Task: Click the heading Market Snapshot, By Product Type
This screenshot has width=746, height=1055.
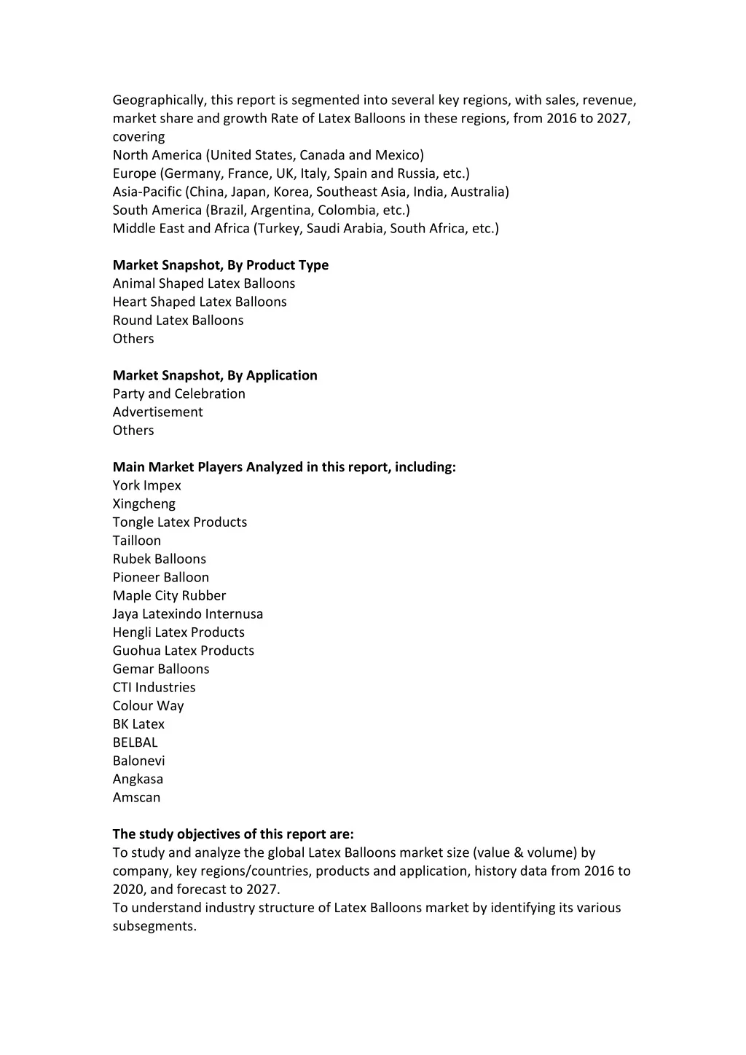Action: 220,265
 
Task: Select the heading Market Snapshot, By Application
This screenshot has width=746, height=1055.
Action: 215,375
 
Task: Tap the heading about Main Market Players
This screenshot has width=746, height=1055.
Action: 284,467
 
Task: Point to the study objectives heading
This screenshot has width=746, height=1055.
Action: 233,834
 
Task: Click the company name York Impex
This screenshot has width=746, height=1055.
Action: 147,485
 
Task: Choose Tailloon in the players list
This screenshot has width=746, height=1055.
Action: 137,541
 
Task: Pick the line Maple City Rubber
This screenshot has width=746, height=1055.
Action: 169,595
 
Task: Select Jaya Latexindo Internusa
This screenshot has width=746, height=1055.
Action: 188,614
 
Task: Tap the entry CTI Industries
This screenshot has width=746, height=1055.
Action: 154,687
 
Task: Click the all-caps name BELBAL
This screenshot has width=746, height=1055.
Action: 135,742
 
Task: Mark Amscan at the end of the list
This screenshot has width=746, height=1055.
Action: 136,797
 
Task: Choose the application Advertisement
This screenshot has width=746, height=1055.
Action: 157,412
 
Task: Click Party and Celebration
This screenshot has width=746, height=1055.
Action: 178,393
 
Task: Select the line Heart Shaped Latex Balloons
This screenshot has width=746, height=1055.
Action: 200,302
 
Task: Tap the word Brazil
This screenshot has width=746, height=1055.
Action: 227,210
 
